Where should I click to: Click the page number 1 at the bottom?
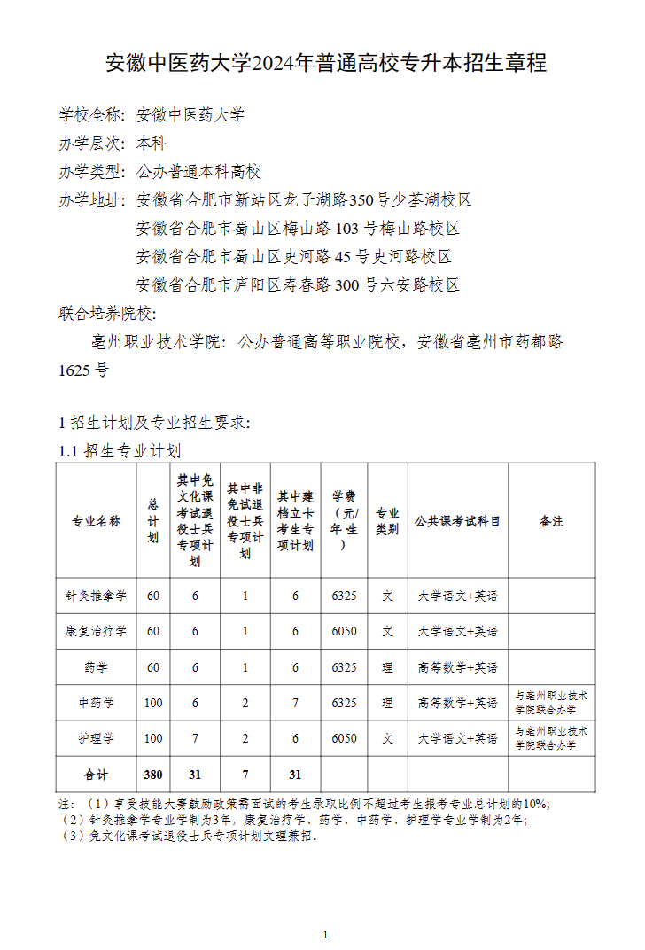(x=326, y=935)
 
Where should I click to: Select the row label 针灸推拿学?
(x=96, y=596)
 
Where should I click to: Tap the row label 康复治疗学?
(x=96, y=631)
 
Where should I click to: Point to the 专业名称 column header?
(x=96, y=521)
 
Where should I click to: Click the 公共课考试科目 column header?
(x=457, y=521)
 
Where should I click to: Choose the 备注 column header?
(x=551, y=521)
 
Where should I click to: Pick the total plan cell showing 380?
(x=153, y=775)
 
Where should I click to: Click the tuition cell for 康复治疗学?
(x=344, y=631)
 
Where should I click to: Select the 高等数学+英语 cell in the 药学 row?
(x=457, y=667)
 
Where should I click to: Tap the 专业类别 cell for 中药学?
(x=387, y=703)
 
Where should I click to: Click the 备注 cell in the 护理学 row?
(x=551, y=738)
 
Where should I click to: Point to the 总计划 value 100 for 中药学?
(x=153, y=703)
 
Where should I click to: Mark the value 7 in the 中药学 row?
(x=296, y=703)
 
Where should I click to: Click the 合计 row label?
(x=96, y=775)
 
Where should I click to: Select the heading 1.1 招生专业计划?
(x=120, y=451)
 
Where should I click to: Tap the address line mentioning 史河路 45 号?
(x=294, y=257)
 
